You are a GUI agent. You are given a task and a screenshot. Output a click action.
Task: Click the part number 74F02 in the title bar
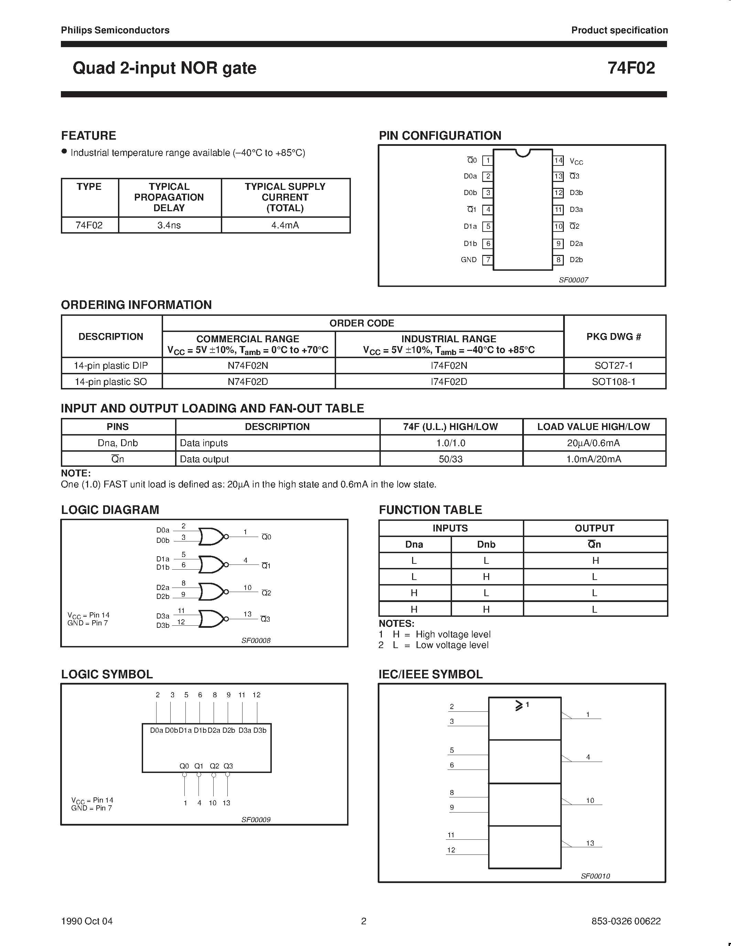click(631, 68)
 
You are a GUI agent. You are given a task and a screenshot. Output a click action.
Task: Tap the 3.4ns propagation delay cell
click(169, 225)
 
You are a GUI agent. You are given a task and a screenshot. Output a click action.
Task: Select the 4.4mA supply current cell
click(285, 225)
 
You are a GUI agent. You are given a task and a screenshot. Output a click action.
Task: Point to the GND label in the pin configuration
click(469, 260)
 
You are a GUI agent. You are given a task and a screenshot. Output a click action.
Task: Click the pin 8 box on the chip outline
click(558, 260)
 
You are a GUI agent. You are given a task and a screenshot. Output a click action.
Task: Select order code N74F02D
click(248, 381)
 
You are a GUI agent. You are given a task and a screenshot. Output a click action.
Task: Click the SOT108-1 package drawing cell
click(614, 381)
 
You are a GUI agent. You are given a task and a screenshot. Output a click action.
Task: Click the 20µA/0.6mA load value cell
click(593, 443)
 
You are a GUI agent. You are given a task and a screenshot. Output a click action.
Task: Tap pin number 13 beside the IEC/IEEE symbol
click(590, 843)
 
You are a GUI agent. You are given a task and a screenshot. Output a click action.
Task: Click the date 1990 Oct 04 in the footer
click(87, 921)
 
